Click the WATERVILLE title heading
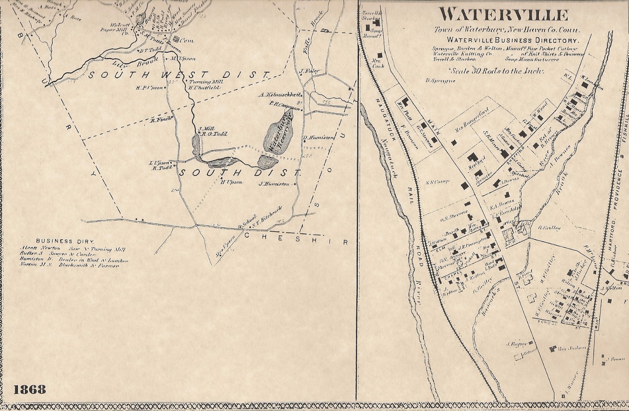(x=504, y=16)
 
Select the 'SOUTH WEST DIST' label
(x=178, y=74)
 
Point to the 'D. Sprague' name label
(x=440, y=81)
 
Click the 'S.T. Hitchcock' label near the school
(x=270, y=214)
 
